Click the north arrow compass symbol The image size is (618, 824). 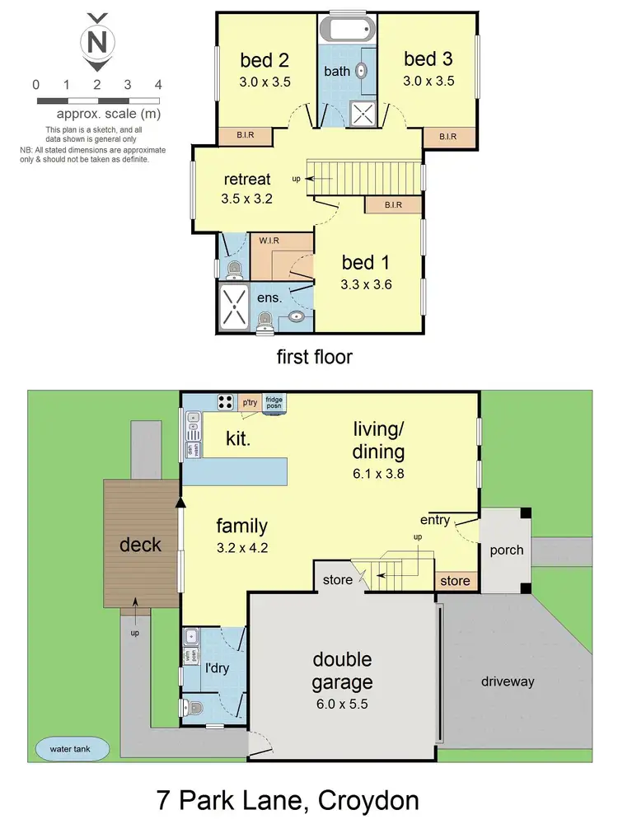coord(97,40)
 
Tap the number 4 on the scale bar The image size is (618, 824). coord(157,85)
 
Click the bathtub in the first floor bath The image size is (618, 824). coord(347,30)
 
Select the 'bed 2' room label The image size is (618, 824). coord(265,60)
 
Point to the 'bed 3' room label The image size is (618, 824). coord(428,59)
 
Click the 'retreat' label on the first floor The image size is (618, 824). coord(247,180)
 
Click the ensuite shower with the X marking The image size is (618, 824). coord(234,307)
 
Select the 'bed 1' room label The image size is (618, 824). coord(365,263)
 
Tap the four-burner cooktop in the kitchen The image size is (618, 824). coord(224,402)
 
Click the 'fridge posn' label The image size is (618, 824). coord(274,402)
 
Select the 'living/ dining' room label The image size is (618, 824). coord(379,440)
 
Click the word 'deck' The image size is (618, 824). coord(139,545)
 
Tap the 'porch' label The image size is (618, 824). coord(507,550)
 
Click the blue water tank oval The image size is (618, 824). coord(73,749)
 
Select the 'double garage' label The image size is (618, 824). coord(342,671)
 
